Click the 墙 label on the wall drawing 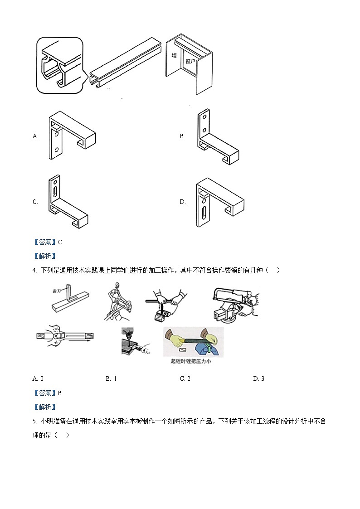click(174, 56)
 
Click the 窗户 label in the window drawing click(190, 61)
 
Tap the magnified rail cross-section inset click(60, 66)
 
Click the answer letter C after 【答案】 click(60, 242)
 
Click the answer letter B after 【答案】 click(60, 393)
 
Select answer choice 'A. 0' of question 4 click(38, 378)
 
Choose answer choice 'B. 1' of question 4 click(111, 378)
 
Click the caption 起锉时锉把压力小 click(193, 361)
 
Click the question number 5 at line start click(34, 421)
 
